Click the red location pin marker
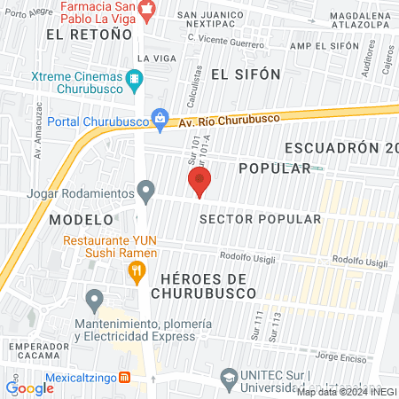pos(199,183)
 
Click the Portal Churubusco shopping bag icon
pos(160,117)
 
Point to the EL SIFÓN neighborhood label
pos(246,74)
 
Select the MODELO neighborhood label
pos(82,218)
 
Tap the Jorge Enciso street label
pos(340,357)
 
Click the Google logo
pos(29,387)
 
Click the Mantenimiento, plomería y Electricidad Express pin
pos(92,298)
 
